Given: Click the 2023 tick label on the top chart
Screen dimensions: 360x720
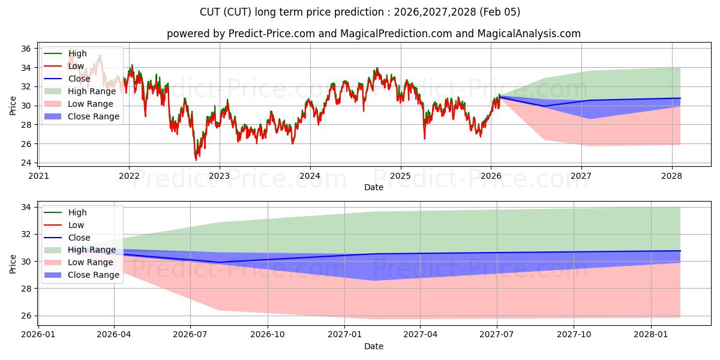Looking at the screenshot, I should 219,176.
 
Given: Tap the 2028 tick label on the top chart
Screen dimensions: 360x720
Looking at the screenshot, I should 671,176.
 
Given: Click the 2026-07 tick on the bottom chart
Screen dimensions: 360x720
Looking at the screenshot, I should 190,335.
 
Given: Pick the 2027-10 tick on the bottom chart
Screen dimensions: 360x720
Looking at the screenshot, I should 574,335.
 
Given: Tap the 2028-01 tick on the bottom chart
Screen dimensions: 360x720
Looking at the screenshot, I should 651,335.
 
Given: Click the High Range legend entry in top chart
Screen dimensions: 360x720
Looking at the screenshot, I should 92,91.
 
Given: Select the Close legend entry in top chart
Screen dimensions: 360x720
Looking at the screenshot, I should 79,79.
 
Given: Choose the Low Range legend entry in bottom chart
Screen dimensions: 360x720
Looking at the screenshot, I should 91,262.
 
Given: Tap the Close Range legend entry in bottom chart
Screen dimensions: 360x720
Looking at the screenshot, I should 94,275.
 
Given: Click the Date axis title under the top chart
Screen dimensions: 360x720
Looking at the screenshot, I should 373,187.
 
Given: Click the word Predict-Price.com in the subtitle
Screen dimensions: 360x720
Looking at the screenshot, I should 272,34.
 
